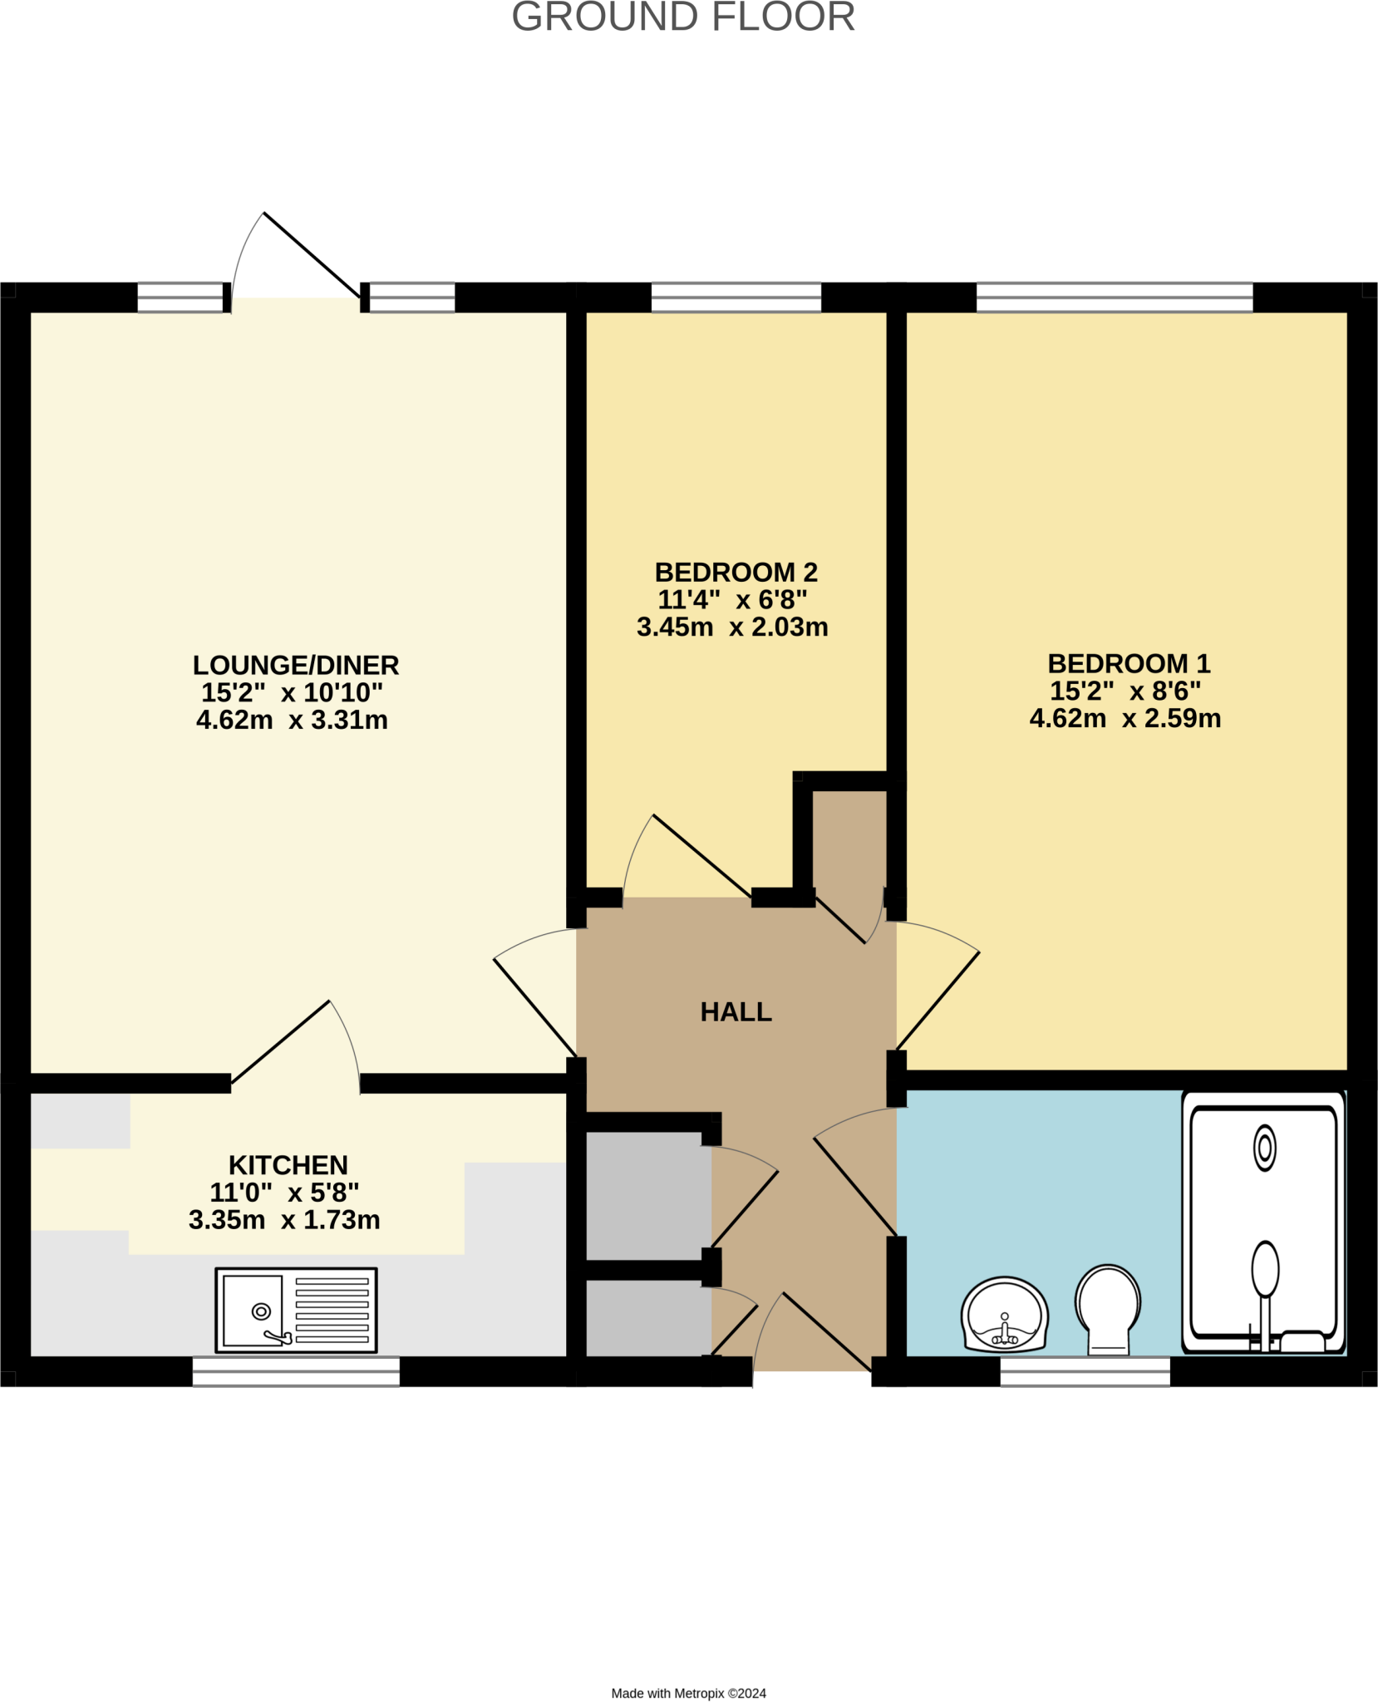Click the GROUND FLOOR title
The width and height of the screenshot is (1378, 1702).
683,17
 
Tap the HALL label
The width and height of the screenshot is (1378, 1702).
736,1011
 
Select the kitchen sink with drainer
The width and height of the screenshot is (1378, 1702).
296,1310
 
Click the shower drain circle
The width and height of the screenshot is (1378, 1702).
1264,1148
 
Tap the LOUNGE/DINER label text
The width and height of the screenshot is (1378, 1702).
296,665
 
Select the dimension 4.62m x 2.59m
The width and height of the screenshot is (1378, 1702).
1125,718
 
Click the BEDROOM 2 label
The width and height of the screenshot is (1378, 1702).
736,572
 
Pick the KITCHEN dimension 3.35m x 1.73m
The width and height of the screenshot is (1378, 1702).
284,1219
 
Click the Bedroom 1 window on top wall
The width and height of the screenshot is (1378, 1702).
1114,297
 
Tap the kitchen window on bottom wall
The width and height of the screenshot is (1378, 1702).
296,1370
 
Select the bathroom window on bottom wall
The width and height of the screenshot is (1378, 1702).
1085,1370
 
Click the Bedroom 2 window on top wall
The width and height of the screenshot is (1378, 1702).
736,297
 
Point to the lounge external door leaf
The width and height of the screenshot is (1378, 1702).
313,255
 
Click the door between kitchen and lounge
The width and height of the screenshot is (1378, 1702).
281,1042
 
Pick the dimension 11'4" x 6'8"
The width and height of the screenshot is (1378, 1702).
732,599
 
